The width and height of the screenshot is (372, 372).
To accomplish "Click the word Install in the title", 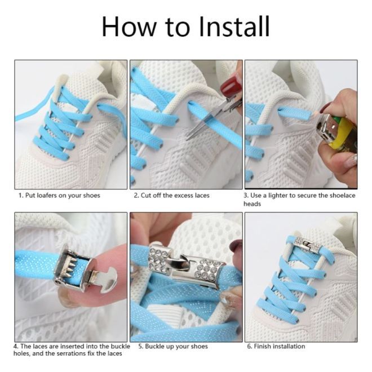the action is (x=234, y=26).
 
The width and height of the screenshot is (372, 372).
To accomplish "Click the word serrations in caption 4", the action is (x=75, y=353).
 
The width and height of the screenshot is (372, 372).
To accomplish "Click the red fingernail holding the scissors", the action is (x=230, y=85).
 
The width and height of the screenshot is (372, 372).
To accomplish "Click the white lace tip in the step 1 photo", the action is (x=58, y=88).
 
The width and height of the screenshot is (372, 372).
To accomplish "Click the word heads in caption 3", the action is (x=252, y=204).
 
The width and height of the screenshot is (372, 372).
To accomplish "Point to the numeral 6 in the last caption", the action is (x=249, y=347).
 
